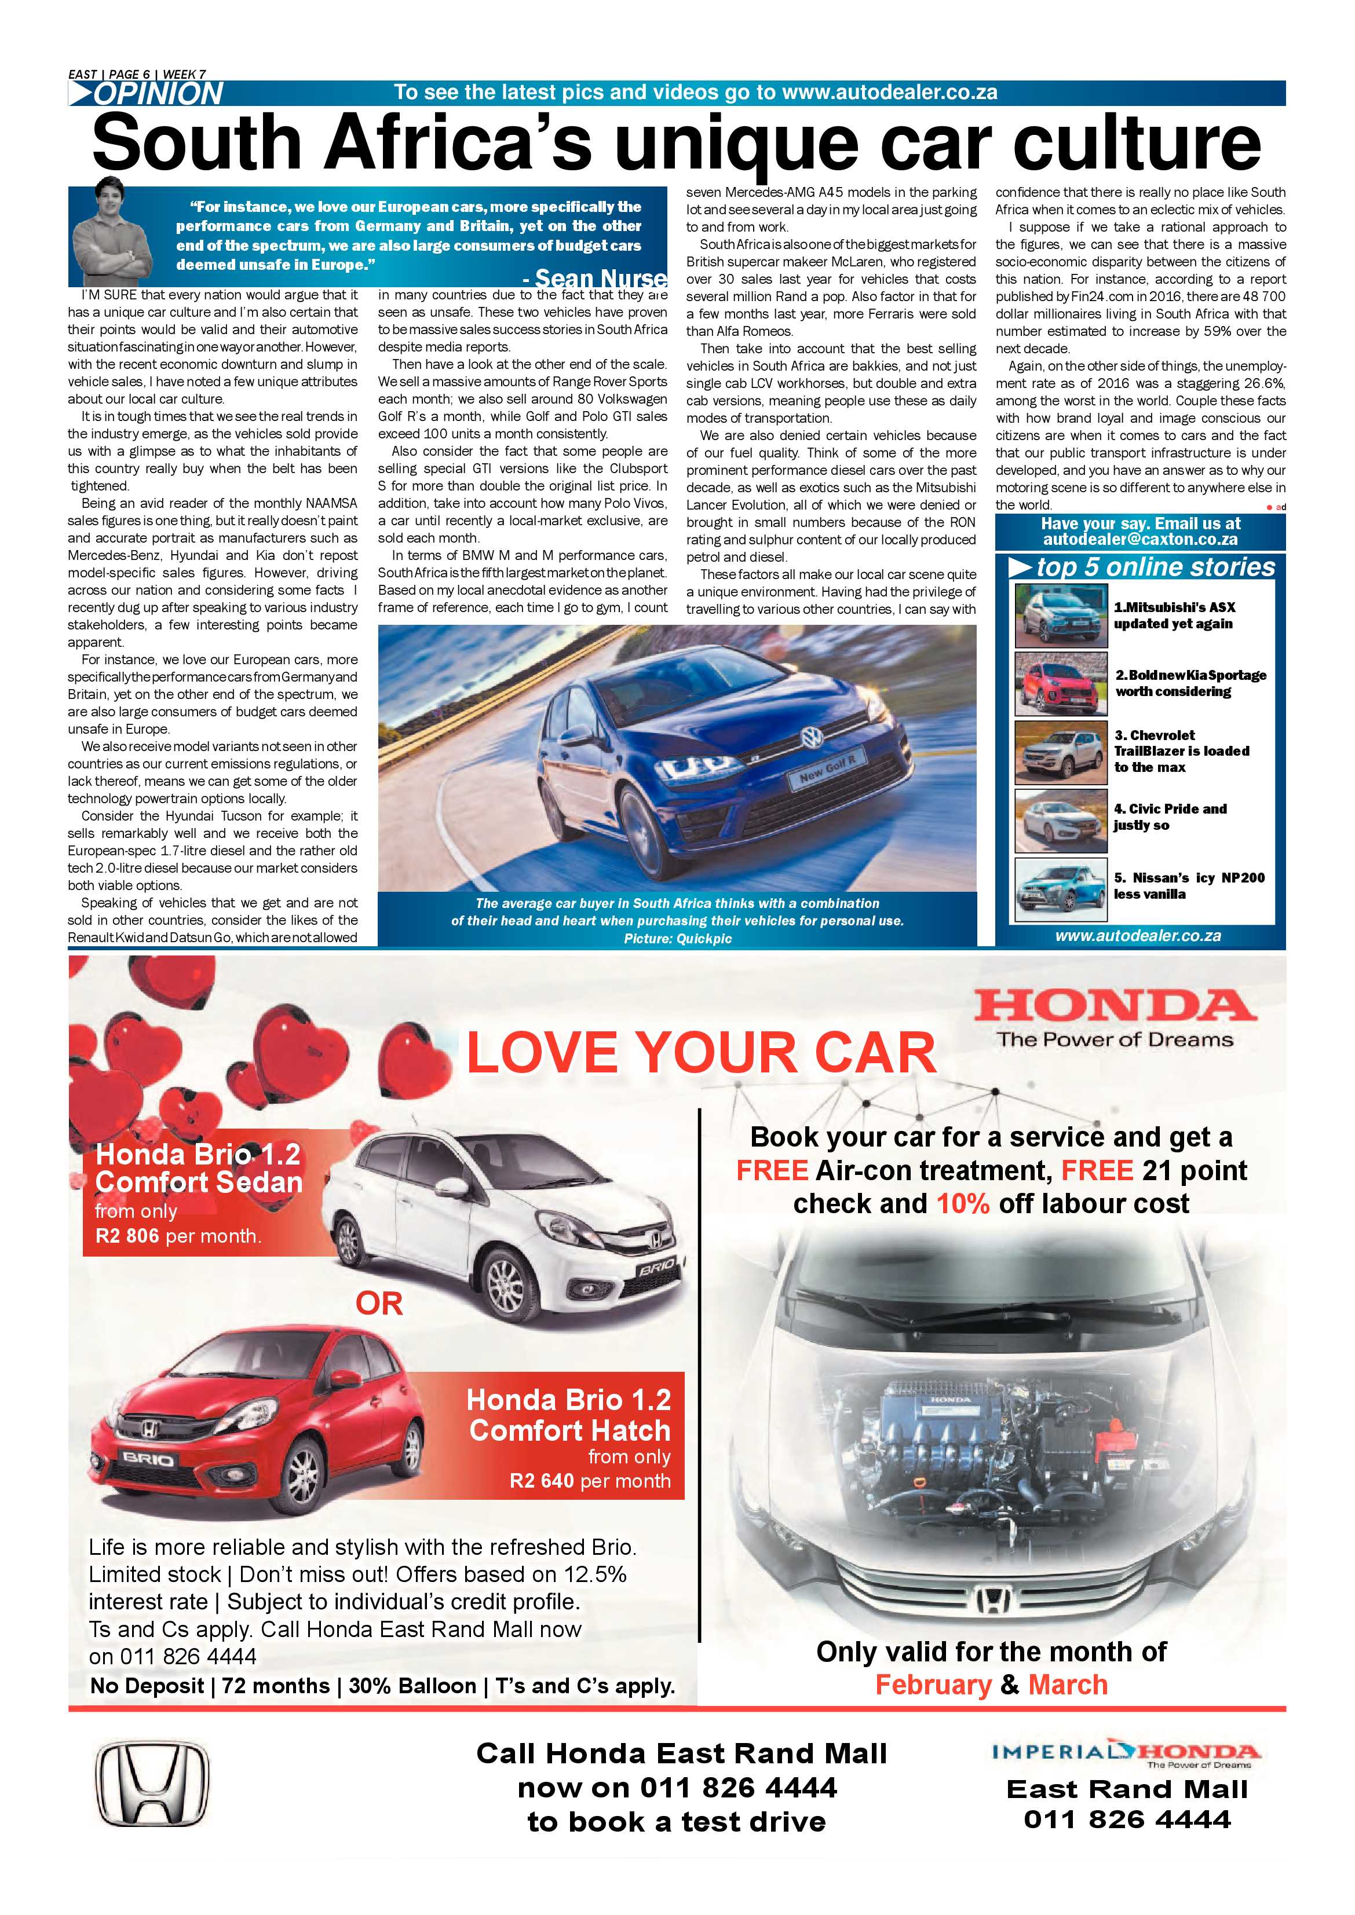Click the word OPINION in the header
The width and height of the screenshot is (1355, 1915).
159,93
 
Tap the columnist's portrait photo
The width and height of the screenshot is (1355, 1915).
111,231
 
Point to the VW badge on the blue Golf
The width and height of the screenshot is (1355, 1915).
809,737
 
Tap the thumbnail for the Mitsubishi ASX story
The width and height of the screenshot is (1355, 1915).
1060,616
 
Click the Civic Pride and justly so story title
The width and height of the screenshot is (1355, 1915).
1169,816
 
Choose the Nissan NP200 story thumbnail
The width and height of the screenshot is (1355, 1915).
1060,889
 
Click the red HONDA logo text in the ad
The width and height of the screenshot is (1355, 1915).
1115,1006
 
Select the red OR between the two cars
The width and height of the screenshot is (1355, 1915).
379,1303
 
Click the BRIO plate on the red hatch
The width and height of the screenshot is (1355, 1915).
148,1460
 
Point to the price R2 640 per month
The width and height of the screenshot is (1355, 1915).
589,1481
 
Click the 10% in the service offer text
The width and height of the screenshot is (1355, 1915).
962,1203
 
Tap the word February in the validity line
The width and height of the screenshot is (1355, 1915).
932,1684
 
